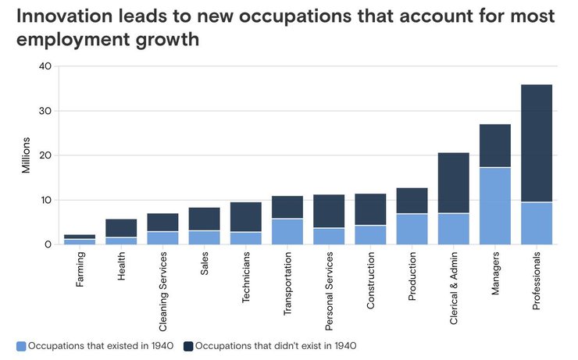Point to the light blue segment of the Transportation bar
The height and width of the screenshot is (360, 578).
point(287,231)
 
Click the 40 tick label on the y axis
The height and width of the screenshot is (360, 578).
point(45,66)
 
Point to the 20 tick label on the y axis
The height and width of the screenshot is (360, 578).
point(45,155)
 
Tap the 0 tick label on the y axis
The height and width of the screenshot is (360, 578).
point(48,244)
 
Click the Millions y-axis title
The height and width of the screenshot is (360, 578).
point(26,155)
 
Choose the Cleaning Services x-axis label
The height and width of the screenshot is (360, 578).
point(163,284)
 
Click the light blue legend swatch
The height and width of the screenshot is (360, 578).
point(20,344)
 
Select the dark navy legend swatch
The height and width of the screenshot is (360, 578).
point(187,344)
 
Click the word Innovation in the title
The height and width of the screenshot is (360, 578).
point(65,16)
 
